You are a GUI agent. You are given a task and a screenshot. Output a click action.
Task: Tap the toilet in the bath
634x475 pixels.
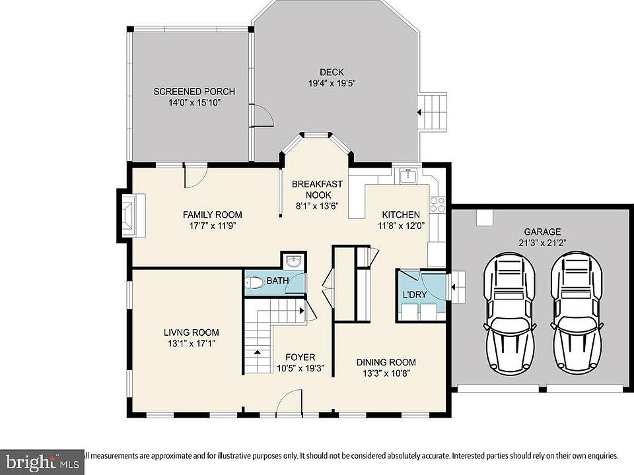254,282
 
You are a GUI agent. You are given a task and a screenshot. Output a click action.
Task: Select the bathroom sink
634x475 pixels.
293,261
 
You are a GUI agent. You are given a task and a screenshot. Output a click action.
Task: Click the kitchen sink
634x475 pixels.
408,176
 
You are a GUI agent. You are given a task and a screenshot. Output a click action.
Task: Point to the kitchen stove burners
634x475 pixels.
437,205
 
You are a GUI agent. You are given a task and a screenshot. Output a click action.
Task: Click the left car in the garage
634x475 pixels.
509,313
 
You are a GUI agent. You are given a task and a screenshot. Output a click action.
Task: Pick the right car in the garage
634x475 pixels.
576,313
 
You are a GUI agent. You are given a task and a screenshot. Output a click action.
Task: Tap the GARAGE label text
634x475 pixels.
542,232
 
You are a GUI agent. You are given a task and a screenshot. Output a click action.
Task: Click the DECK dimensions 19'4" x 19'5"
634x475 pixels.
332,84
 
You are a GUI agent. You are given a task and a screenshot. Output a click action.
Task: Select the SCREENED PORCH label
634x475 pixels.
194,92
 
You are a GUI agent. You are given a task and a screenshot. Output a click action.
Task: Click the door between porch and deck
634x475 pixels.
262,116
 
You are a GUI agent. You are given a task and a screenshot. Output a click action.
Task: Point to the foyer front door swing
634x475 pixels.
289,402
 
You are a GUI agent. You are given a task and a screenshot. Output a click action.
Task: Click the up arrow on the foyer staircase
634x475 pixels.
257,352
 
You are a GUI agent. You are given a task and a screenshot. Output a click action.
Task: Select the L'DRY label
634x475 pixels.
415,295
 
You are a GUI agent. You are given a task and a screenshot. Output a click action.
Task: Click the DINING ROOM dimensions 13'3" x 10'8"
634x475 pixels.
386,373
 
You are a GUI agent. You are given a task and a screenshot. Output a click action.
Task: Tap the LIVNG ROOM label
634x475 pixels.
192,332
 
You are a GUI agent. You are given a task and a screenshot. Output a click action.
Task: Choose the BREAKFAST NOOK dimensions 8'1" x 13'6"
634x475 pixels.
316,206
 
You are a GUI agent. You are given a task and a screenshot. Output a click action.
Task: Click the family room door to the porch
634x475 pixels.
196,176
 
